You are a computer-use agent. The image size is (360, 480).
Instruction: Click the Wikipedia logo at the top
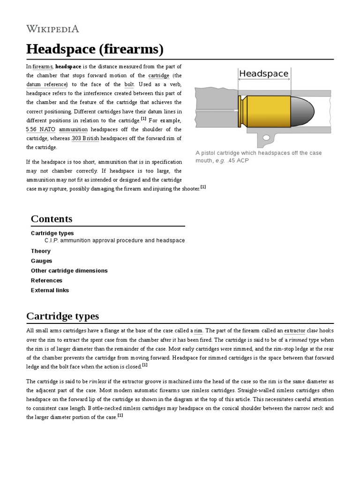click(52, 29)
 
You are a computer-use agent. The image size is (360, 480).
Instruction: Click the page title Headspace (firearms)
click(95, 49)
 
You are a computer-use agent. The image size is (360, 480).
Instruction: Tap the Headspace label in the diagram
click(263, 74)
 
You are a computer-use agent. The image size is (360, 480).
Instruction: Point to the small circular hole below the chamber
click(266, 137)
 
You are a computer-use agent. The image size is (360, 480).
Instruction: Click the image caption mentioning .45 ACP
click(258, 157)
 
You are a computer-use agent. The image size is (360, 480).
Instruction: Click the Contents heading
click(52, 219)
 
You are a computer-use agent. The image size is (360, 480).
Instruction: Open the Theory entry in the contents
click(41, 251)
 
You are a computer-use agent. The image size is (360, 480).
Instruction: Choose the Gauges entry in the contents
click(42, 261)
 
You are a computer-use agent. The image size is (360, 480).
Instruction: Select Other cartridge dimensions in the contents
click(69, 271)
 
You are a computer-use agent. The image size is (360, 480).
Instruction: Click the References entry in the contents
click(46, 281)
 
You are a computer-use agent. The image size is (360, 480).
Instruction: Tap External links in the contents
click(50, 291)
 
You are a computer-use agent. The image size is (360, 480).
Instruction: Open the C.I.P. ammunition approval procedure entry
click(114, 240)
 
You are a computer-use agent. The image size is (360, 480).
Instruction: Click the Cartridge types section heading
click(62, 316)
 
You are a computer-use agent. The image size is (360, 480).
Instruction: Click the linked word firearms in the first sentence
click(43, 67)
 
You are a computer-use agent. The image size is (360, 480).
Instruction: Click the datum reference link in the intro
click(47, 84)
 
